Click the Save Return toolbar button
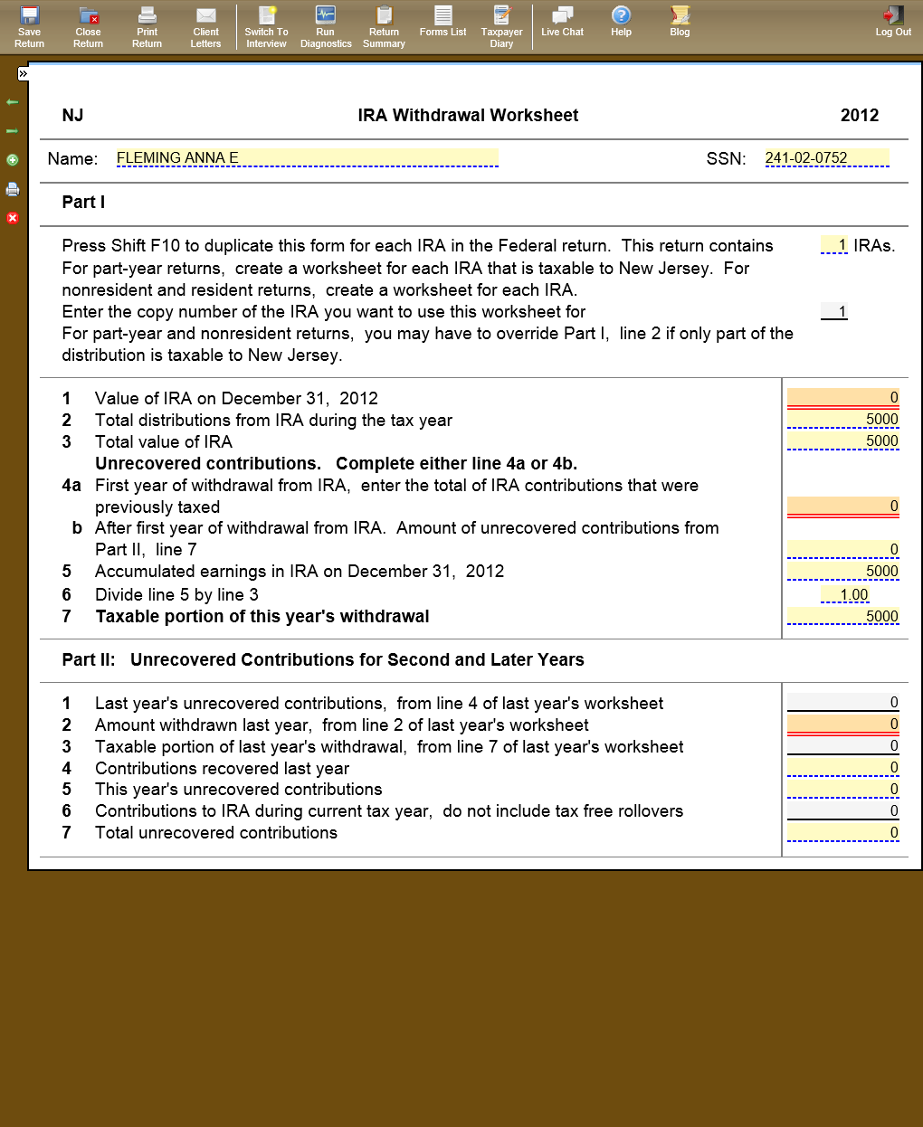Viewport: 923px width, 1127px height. [29, 26]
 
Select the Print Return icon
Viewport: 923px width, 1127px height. [147, 26]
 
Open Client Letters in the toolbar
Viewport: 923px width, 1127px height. [205, 26]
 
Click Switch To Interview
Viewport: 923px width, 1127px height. [266, 26]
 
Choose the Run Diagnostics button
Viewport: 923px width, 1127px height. [326, 26]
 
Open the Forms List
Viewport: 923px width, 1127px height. [442, 21]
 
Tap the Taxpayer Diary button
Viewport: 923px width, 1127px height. [501, 26]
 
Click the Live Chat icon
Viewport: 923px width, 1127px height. [562, 21]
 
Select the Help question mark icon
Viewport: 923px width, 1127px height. [621, 21]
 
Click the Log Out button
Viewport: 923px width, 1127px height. [893, 21]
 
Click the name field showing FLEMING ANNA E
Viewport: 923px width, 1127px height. [307, 158]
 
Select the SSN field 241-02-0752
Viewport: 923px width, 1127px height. [826, 158]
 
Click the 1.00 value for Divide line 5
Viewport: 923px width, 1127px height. [844, 594]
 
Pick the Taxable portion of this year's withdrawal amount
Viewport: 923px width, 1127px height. [842, 616]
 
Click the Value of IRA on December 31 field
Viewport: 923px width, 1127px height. [842, 398]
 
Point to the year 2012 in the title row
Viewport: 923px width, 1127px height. [859, 115]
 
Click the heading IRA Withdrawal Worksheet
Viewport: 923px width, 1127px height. [468, 115]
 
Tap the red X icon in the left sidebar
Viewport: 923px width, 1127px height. [13, 218]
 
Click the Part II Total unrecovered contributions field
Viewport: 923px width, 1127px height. [842, 833]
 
